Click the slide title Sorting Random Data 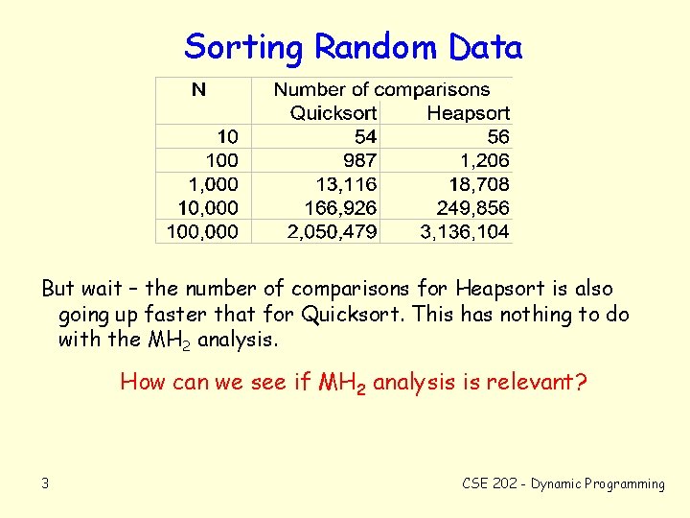pos(353,46)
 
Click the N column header pos(198,90)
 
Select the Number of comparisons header pos(381,90)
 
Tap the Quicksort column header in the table pos(333,113)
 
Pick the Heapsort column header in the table pos(468,113)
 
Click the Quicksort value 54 pos(365,137)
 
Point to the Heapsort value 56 pos(498,137)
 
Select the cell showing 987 pos(359,160)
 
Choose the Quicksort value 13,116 pos(346,184)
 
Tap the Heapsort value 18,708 pos(478,184)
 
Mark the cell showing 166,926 pos(340,207)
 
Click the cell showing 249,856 pos(472,207)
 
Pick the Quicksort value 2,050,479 pos(333,231)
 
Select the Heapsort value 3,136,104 pos(465,231)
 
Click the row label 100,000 pos(203,231)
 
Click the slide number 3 pos(45,483)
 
